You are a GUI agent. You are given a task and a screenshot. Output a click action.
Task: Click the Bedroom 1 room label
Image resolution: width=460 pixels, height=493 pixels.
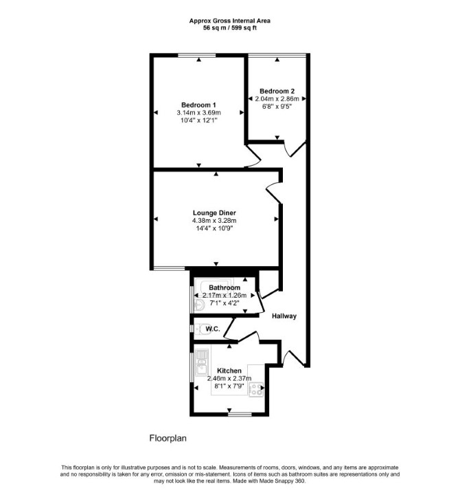(198, 105)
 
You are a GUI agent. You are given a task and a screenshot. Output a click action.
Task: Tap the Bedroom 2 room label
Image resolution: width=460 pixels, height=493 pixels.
(277, 91)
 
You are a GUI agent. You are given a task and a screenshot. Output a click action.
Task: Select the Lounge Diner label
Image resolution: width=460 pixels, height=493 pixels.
(214, 213)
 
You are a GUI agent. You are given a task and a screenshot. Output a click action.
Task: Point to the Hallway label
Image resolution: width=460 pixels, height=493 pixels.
(284, 316)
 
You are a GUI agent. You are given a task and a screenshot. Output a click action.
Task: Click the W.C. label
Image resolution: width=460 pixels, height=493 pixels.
(213, 329)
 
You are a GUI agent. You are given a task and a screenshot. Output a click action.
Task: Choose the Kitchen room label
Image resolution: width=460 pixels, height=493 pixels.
(229, 371)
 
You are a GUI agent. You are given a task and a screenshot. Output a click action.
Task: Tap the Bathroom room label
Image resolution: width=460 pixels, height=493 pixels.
(225, 287)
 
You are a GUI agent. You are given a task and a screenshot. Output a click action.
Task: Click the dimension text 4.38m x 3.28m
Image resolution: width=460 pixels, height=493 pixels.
(214, 221)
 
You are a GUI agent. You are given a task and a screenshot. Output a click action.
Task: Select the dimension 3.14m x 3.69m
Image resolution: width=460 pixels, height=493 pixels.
(198, 113)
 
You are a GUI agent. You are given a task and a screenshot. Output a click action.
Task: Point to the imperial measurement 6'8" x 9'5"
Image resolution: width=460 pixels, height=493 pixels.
(277, 107)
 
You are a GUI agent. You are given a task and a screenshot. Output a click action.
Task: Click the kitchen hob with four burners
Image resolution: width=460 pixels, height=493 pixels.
(256, 390)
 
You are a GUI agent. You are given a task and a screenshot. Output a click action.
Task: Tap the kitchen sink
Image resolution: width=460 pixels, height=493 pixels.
(202, 362)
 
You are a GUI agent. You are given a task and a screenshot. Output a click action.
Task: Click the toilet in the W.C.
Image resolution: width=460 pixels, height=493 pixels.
(203, 329)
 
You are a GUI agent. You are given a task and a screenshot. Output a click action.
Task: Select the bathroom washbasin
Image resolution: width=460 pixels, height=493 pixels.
(199, 305)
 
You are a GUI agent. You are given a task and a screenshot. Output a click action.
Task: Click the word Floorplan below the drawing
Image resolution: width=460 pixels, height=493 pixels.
(168, 438)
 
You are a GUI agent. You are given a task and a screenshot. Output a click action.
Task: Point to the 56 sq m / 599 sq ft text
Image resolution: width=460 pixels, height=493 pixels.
(230, 28)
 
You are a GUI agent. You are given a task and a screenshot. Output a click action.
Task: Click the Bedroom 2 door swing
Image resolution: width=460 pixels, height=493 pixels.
(295, 149)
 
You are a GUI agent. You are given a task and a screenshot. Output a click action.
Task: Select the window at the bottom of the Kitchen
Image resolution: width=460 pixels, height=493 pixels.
(240, 414)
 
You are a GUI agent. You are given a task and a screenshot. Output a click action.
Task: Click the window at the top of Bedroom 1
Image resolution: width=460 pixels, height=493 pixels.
(197, 55)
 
